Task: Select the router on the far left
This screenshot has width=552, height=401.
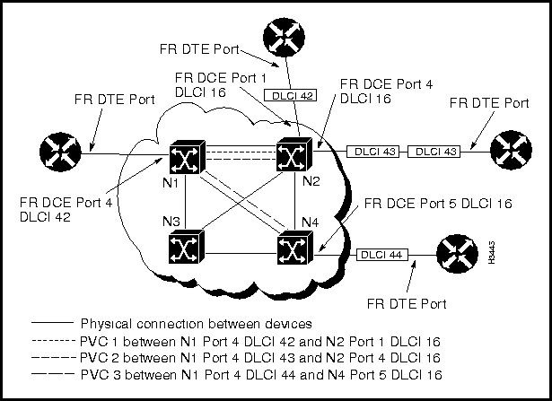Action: pyautogui.click(x=60, y=152)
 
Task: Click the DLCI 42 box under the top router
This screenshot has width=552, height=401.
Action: pyautogui.click(x=279, y=94)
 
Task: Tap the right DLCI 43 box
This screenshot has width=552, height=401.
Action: pyautogui.click(x=435, y=152)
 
